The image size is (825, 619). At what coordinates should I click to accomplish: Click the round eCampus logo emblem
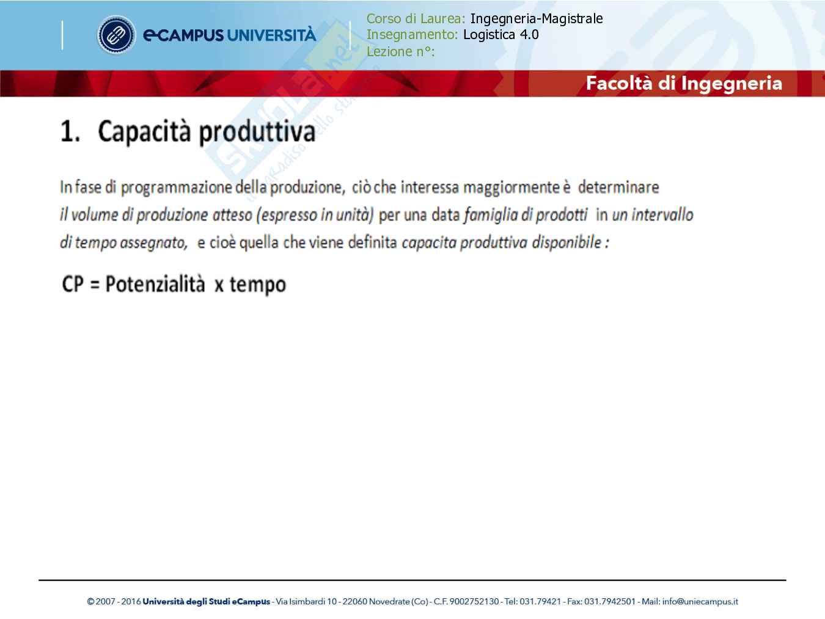click(116, 35)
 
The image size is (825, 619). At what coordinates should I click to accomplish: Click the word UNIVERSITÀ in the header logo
click(271, 35)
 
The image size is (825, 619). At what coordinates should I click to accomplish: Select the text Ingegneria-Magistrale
click(536, 19)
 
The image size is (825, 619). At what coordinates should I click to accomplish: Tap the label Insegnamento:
click(412, 35)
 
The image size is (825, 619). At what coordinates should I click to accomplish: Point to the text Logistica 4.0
click(501, 35)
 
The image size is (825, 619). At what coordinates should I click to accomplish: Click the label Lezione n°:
click(400, 51)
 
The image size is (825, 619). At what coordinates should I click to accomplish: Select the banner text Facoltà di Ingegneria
click(683, 83)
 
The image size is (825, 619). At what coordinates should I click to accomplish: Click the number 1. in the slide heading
click(70, 132)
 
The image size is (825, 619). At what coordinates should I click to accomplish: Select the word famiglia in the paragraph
click(490, 215)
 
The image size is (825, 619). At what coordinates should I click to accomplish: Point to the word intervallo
click(662, 215)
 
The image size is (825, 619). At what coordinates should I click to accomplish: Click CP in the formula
click(73, 284)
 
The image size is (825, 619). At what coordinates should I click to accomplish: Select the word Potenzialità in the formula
click(155, 284)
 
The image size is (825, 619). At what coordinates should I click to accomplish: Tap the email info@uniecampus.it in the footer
click(700, 602)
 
